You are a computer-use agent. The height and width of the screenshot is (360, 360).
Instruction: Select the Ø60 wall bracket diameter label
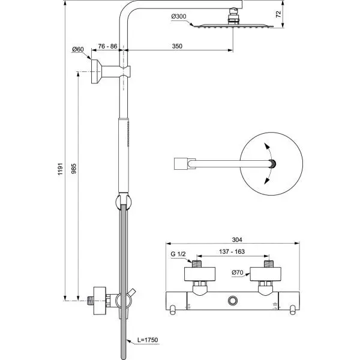[x=77, y=49]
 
